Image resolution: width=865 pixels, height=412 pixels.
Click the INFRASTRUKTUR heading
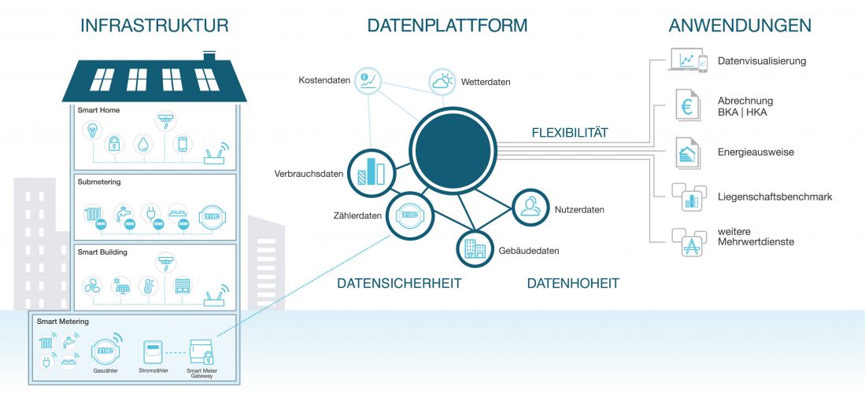154,25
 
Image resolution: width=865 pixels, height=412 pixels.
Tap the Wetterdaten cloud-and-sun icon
442,82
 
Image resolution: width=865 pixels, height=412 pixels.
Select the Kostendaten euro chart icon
368,80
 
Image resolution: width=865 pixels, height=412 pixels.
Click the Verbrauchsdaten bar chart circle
372,172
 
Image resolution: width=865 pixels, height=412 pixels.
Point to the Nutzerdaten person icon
530,207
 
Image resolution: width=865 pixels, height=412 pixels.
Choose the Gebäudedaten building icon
475,248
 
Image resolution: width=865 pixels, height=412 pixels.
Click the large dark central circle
453,150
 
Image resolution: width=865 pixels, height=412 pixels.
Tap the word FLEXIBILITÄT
570,133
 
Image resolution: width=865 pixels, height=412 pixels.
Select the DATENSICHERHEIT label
399,283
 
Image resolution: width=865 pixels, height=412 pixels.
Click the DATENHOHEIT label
573,283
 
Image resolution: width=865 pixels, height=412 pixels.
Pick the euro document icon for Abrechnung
687,105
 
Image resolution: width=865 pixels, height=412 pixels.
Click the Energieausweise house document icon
687,153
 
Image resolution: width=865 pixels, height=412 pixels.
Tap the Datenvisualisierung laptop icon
687,60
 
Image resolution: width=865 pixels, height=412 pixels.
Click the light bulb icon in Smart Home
92,131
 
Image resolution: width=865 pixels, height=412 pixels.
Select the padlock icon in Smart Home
114,144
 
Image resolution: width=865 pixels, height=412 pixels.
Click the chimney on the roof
209,56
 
